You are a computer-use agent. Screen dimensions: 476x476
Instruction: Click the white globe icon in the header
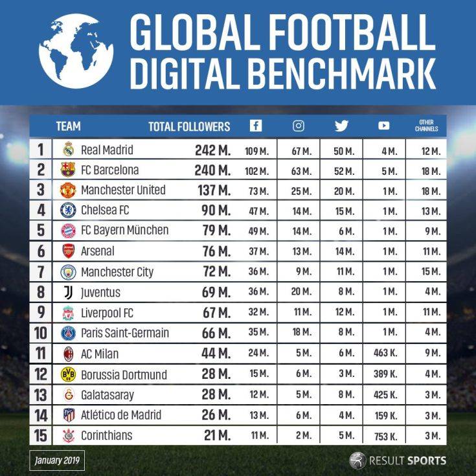click(76, 51)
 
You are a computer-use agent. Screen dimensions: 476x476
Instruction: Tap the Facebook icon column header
click(256, 126)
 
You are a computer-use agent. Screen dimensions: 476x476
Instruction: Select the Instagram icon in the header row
click(299, 126)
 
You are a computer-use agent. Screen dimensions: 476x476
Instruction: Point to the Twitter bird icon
click(341, 126)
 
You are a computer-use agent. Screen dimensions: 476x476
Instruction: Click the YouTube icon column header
click(384, 126)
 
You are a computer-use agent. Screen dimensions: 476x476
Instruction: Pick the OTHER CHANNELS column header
click(426, 126)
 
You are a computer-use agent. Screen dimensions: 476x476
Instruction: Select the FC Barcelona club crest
click(68, 170)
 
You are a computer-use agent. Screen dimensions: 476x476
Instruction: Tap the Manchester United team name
click(123, 190)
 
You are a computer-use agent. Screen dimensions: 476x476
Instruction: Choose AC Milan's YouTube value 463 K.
click(385, 355)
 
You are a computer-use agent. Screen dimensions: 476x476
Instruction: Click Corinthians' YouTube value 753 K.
click(385, 436)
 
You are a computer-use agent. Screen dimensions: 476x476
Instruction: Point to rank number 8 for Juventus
click(40, 293)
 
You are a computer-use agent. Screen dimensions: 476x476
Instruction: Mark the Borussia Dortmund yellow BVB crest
click(68, 374)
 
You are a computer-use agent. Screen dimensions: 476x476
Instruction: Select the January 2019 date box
click(56, 461)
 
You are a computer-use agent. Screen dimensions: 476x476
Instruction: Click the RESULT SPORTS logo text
click(407, 461)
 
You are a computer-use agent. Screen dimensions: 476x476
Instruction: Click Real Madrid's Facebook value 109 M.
click(256, 152)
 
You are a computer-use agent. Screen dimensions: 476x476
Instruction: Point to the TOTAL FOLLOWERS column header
click(189, 127)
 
